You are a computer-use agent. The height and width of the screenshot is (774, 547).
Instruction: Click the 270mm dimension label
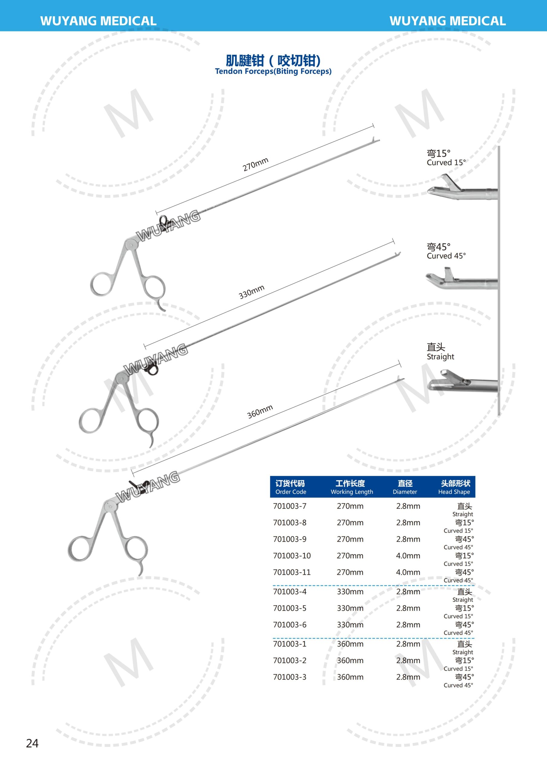point(255,164)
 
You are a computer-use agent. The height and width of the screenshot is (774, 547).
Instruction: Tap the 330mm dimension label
point(251,292)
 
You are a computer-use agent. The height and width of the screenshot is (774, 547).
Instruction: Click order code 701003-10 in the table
point(292,555)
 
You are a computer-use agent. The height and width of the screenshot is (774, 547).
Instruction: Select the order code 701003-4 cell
point(290,592)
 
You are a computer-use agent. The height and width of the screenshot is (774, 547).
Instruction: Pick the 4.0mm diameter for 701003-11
point(408,572)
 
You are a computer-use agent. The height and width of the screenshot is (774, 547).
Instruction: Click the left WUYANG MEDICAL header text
point(98,21)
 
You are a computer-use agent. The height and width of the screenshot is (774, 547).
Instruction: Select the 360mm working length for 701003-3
point(350,677)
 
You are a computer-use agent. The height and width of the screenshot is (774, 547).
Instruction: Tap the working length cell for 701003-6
point(350,625)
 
